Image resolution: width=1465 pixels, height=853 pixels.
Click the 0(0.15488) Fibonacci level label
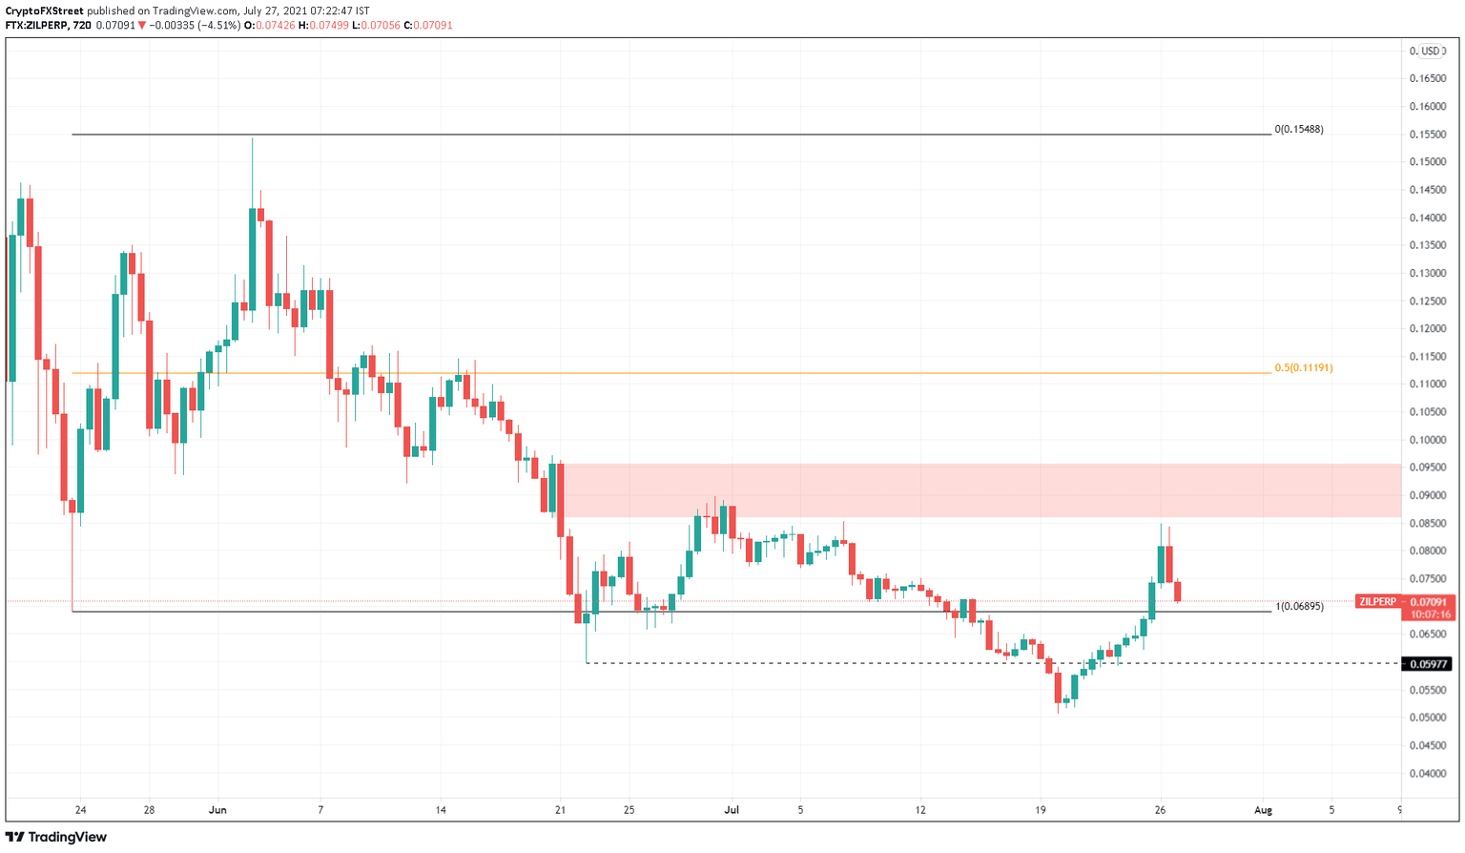click(x=1299, y=129)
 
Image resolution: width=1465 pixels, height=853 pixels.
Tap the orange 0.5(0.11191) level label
click(x=1304, y=367)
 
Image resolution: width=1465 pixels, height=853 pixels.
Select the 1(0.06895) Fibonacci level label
click(x=1299, y=606)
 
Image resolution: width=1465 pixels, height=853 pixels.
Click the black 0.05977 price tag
click(x=1427, y=664)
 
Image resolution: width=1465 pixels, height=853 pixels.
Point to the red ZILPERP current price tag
click(x=1405, y=602)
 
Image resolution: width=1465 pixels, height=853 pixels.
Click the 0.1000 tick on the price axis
click(x=1427, y=440)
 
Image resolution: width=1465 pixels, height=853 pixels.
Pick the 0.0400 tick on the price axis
click(x=1427, y=774)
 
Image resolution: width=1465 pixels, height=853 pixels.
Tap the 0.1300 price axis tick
click(x=1427, y=273)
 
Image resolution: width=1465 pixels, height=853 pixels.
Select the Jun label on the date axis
click(x=217, y=810)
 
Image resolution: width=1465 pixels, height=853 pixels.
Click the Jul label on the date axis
click(x=732, y=810)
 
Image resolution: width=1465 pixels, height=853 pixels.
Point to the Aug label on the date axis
click(x=1263, y=810)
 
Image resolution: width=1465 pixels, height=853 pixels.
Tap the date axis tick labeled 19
click(x=1041, y=810)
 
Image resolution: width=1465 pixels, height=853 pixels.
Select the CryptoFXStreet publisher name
click(x=44, y=10)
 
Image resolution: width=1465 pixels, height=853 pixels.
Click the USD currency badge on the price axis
click(x=1430, y=51)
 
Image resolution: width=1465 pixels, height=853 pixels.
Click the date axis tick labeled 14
click(x=440, y=810)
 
